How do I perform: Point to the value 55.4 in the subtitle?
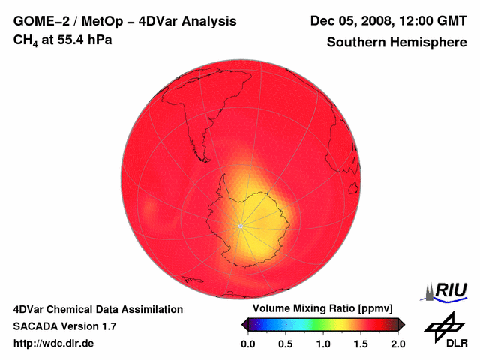point(71,40)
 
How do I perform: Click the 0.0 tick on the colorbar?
point(247,343)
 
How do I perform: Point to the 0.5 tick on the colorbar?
point(285,343)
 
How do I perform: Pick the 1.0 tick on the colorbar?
point(322,343)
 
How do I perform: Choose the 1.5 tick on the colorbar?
point(361,343)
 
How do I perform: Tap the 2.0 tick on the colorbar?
point(397,343)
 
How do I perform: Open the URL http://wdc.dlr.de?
point(54,343)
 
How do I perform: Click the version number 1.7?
point(108,326)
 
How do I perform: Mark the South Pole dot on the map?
point(239,226)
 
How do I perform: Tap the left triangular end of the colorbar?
point(245,324)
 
